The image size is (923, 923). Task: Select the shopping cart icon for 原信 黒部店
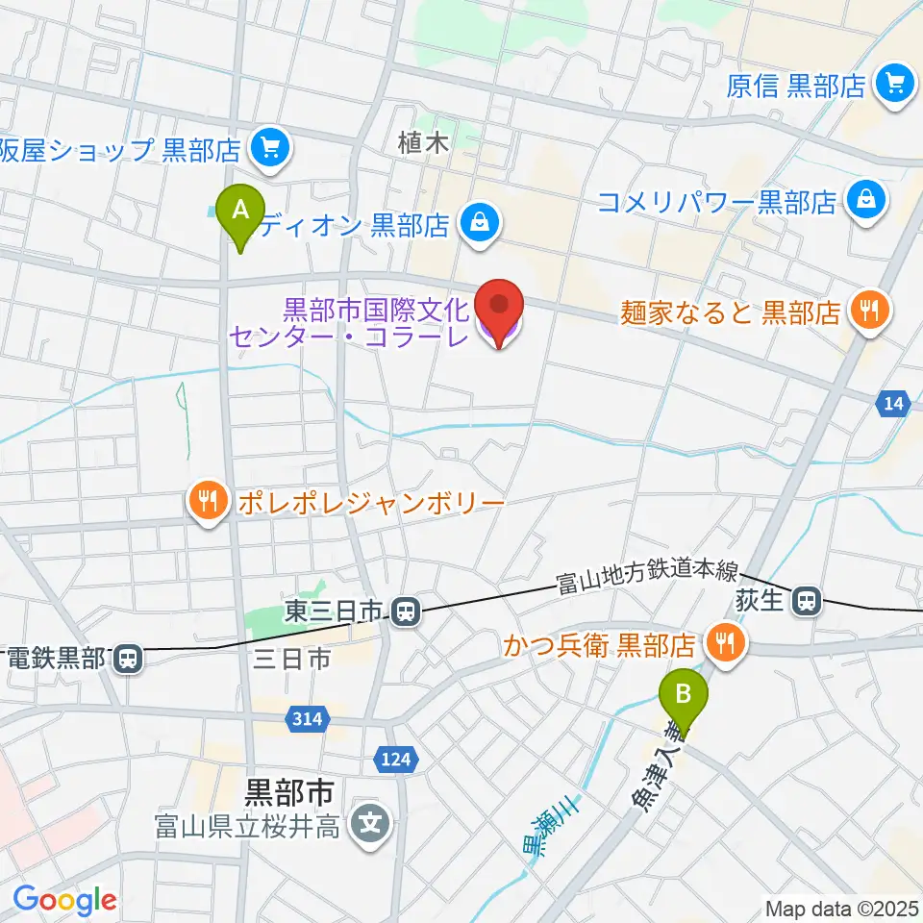894,87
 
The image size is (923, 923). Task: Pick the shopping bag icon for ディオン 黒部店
478,225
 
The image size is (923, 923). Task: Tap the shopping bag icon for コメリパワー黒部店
865,202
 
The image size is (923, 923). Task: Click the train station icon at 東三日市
407,610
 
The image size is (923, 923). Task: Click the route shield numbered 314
312,717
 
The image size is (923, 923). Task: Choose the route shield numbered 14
893,405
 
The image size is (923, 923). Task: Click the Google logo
64,900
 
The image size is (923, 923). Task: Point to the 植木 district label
424,144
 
